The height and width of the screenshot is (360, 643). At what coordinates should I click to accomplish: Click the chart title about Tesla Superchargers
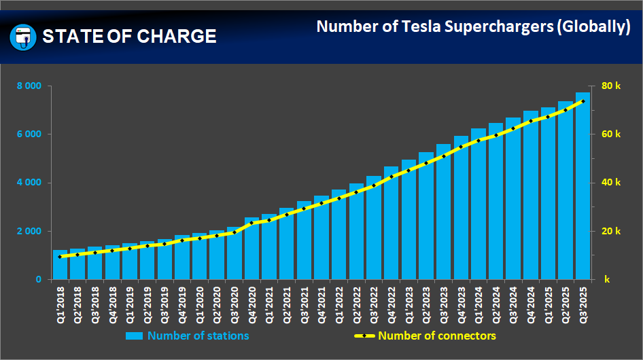pyautogui.click(x=473, y=26)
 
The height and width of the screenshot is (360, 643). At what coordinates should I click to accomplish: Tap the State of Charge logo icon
pyautogui.click(x=22, y=36)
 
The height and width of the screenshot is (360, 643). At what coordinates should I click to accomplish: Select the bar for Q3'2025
pyautogui.click(x=583, y=187)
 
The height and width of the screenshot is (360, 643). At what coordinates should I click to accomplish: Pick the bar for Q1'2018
pyautogui.click(x=60, y=266)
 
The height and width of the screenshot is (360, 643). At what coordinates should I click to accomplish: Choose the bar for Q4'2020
pyautogui.click(x=252, y=249)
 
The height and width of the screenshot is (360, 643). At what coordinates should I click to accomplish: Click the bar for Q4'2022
pyautogui.click(x=392, y=223)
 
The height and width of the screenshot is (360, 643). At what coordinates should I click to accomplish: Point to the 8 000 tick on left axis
pyautogui.click(x=29, y=86)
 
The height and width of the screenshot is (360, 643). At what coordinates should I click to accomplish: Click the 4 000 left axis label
pyautogui.click(x=29, y=183)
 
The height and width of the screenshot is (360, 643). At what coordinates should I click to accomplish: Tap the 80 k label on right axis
pyautogui.click(x=611, y=86)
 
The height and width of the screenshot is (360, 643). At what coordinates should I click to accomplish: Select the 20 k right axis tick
pyautogui.click(x=611, y=232)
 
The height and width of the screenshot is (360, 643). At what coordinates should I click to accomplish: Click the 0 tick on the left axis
pyautogui.click(x=38, y=280)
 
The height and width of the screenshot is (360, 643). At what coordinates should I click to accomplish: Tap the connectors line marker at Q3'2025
pyautogui.click(x=583, y=101)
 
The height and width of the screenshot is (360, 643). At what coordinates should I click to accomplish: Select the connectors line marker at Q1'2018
pyautogui.click(x=60, y=257)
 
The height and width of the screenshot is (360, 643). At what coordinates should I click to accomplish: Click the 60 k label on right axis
pyautogui.click(x=611, y=134)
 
